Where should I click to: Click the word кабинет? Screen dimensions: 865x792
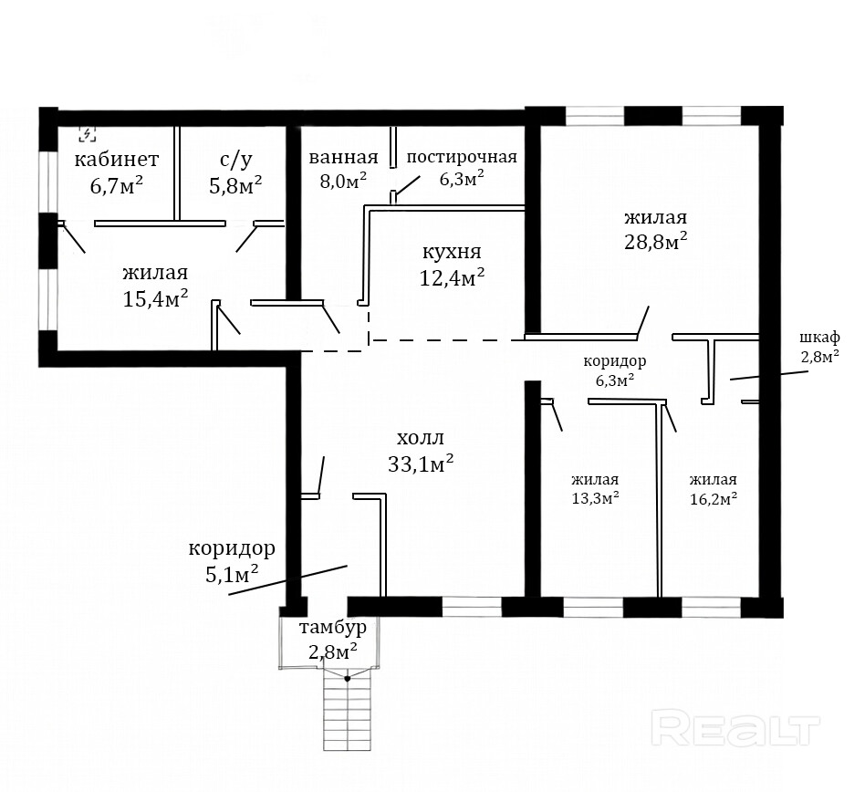pyautogui.click(x=117, y=160)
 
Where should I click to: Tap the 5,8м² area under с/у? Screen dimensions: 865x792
pyautogui.click(x=235, y=184)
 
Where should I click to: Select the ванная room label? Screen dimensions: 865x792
pyautogui.click(x=344, y=157)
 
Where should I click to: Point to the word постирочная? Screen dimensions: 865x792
pyautogui.click(x=462, y=157)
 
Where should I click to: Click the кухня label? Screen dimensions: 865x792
pyautogui.click(x=452, y=253)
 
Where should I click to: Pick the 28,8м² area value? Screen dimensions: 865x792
pyautogui.click(x=655, y=242)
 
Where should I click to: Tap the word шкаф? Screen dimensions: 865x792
pyautogui.click(x=819, y=338)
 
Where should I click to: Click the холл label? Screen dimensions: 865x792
pyautogui.click(x=421, y=439)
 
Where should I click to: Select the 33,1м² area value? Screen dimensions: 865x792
pyautogui.click(x=421, y=464)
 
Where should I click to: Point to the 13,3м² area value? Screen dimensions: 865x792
pyautogui.click(x=595, y=498)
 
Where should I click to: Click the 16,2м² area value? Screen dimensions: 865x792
pyautogui.click(x=714, y=498)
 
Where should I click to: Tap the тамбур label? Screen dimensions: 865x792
pyautogui.click(x=333, y=628)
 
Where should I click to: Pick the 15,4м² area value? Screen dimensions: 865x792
pyautogui.click(x=155, y=298)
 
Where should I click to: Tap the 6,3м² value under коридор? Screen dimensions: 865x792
pyautogui.click(x=614, y=380)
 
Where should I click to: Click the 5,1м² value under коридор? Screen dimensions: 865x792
pyautogui.click(x=232, y=574)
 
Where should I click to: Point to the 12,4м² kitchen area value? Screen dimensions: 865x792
pyautogui.click(x=452, y=277)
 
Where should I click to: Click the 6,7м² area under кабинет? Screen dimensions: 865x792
pyautogui.click(x=117, y=185)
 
